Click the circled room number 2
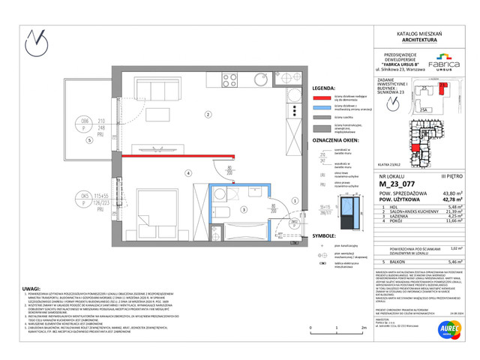[208, 114]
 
